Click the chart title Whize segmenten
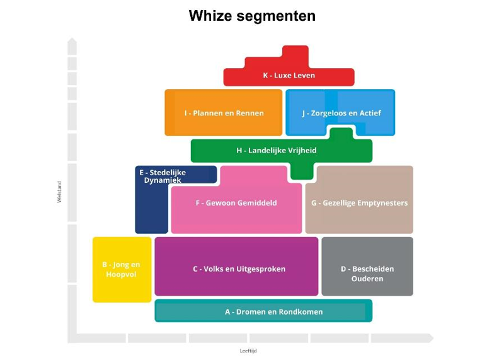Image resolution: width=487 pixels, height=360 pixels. pyautogui.click(x=252, y=16)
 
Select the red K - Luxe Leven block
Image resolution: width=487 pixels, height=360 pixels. pyautogui.click(x=289, y=76)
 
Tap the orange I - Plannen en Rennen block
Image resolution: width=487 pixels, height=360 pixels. pyautogui.click(x=224, y=113)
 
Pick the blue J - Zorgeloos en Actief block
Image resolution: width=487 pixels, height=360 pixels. pyautogui.click(x=341, y=113)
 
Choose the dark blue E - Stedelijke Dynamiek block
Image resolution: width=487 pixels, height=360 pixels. pyautogui.click(x=151, y=202)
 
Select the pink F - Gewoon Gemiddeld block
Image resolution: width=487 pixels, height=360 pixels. pyautogui.click(x=236, y=203)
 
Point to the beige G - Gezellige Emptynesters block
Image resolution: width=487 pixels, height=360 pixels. pyautogui.click(x=359, y=203)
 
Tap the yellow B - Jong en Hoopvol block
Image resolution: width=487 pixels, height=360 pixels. pyautogui.click(x=122, y=269)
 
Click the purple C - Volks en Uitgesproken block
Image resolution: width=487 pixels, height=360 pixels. pyautogui.click(x=236, y=269)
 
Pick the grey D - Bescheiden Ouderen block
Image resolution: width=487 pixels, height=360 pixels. pyautogui.click(x=367, y=269)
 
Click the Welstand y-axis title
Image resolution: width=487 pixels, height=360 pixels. pyautogui.click(x=60, y=192)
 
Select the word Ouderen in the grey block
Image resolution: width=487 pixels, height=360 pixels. pyautogui.click(x=367, y=279)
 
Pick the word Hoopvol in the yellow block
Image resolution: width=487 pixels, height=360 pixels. pyautogui.click(x=122, y=275)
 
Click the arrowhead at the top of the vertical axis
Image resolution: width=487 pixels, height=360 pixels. pyautogui.click(x=72, y=42)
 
